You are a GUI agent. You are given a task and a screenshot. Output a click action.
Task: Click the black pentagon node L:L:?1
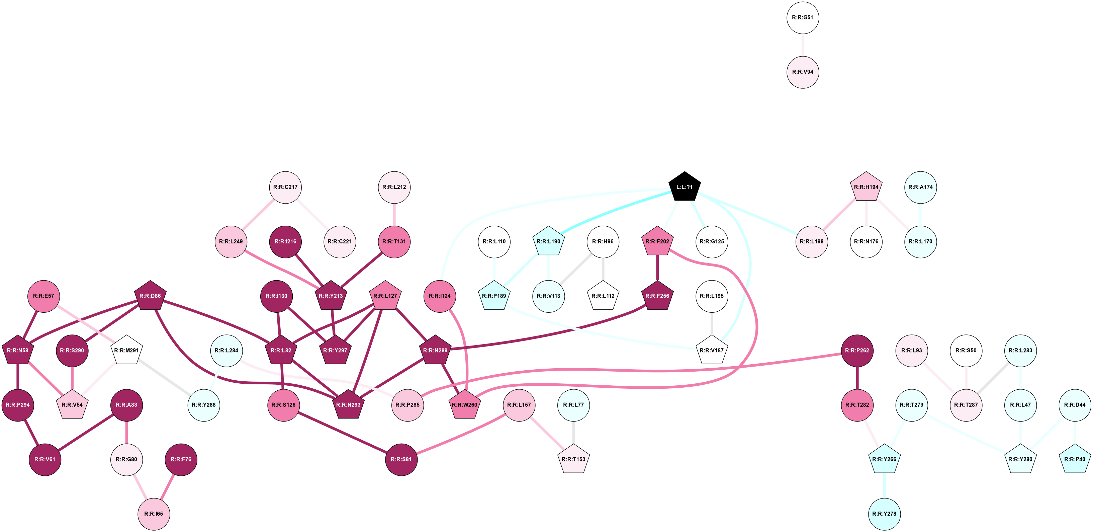[x=685, y=187]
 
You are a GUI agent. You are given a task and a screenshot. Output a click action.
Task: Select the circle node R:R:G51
[x=803, y=18]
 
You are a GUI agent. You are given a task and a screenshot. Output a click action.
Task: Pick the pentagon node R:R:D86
[x=150, y=296]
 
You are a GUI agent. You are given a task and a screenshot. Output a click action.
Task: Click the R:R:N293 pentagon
[x=348, y=405]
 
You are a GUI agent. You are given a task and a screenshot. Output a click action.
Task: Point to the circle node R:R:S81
[x=401, y=459]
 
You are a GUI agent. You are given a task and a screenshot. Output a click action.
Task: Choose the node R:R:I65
[x=154, y=514]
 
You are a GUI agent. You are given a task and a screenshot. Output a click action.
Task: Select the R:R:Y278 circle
[x=884, y=514]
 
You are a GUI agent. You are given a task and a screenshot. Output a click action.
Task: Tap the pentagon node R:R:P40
[x=1075, y=459]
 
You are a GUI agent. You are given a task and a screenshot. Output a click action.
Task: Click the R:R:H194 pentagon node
[x=866, y=187]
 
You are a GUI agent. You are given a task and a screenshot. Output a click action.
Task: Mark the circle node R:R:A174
[x=920, y=187]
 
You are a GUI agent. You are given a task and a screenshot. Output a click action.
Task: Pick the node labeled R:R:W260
[x=465, y=405]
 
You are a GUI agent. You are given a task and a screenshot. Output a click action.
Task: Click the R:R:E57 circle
[x=44, y=296]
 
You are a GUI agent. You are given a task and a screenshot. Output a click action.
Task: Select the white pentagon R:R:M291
[x=126, y=350]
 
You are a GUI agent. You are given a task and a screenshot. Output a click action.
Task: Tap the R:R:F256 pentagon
[x=657, y=296]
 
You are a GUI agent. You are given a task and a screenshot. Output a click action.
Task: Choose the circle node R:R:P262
[x=857, y=350]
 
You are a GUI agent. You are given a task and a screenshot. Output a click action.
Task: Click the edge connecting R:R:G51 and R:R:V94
[x=803, y=45]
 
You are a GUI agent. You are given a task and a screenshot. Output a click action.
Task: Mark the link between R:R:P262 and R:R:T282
[x=857, y=377]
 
